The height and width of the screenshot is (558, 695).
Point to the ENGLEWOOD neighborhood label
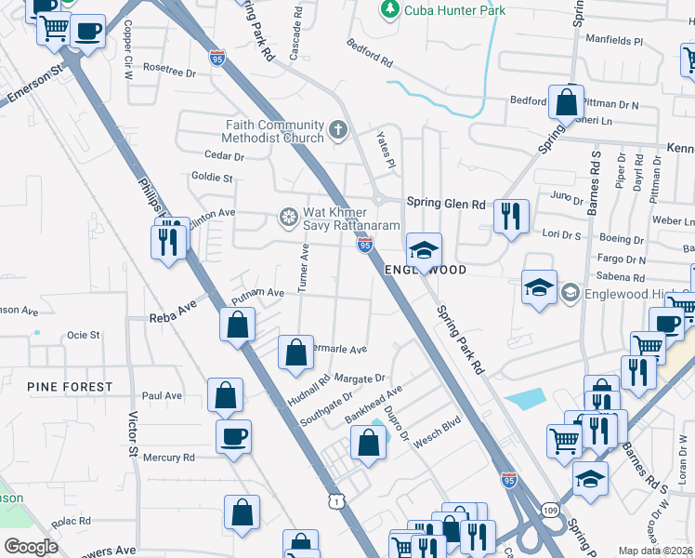coord(426,270)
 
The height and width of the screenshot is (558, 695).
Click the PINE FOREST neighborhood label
coord(70,386)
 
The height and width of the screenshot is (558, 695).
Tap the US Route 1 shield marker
coord(335,500)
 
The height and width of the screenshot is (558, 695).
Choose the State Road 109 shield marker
coord(550,511)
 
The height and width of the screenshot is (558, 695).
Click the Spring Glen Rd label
coord(446,204)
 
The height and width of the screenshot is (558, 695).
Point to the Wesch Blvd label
coord(438,434)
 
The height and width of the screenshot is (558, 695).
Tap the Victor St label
coord(133,434)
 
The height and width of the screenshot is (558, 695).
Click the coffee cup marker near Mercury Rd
coord(233,435)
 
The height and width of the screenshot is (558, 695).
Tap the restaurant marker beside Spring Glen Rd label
coord(510,217)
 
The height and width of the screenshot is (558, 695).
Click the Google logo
coord(32,547)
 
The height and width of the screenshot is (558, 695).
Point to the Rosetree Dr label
coord(170,71)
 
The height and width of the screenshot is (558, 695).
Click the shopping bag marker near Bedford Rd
coord(566,100)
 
